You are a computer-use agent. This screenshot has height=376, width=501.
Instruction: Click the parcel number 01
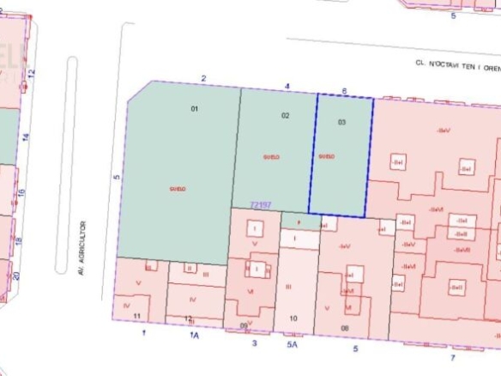pos(195,109)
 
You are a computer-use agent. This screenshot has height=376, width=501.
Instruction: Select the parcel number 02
pos(286,115)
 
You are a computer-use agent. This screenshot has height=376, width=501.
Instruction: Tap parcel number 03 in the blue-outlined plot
pos(341,122)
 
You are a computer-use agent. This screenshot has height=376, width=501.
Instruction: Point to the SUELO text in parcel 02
pos(271,157)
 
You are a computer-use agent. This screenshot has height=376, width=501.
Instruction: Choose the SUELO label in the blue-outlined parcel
pos(325,156)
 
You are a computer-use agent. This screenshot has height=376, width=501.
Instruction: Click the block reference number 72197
pos(260,204)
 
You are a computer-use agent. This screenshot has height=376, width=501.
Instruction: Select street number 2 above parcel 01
pos(203,79)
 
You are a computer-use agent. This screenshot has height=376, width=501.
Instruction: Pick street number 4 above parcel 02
pos(287,85)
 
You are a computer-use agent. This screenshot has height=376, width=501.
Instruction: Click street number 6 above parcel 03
pos(344,90)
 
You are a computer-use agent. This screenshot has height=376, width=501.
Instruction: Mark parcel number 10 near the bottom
pos(293,318)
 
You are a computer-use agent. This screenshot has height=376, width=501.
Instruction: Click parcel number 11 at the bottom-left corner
pos(137,316)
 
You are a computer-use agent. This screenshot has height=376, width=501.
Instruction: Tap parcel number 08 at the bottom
pos(345,328)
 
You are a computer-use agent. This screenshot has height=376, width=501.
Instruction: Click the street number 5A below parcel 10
pos(291,344)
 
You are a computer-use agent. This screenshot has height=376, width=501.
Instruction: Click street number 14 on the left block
pos(25,136)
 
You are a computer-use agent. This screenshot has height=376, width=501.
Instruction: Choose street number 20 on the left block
pos(16,276)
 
